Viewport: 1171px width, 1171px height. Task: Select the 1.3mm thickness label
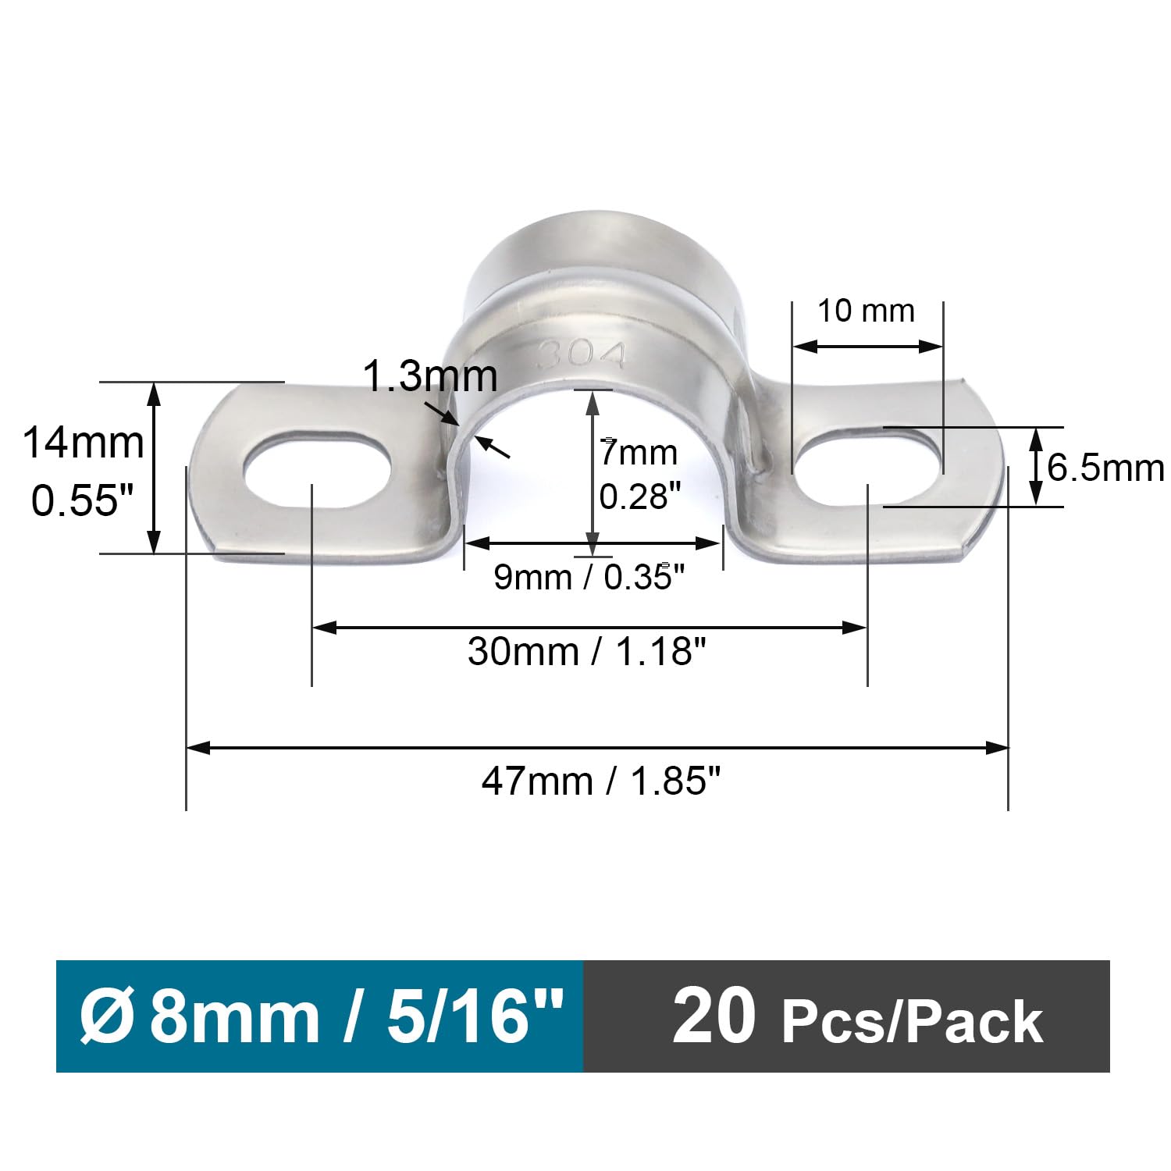(x=431, y=376)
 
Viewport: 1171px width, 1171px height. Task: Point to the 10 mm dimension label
(x=866, y=311)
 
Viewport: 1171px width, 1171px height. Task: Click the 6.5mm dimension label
(x=1105, y=468)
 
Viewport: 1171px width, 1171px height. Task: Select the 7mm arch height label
(x=639, y=453)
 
